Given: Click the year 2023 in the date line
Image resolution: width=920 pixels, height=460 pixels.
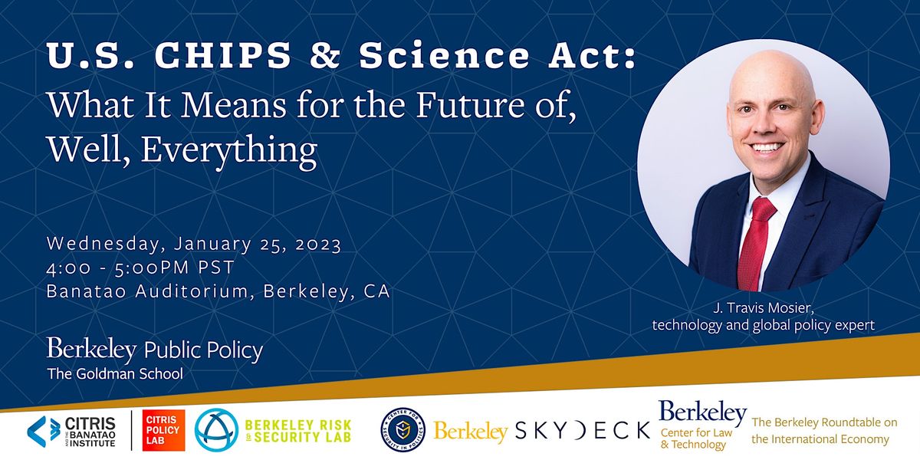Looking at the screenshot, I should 316,245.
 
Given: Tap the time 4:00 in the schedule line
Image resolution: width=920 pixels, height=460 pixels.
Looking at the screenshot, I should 67,268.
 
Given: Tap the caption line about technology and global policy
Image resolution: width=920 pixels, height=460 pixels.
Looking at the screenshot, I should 763,325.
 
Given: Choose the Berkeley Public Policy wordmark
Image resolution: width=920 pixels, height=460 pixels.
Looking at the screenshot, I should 155,350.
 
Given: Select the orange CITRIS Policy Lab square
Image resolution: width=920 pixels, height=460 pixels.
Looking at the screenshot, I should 163,430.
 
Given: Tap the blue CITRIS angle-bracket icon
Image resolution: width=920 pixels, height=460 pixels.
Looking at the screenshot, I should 43,430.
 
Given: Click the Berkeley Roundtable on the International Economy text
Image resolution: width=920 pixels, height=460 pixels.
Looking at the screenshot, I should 820,431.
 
